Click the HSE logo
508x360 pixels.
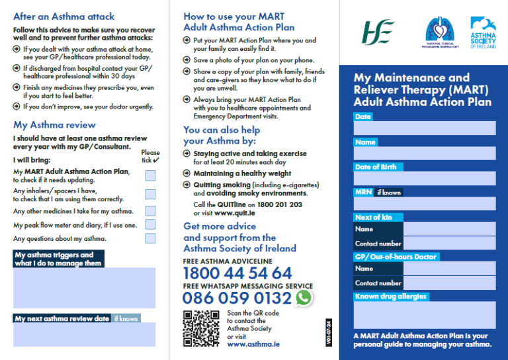(x=378, y=32)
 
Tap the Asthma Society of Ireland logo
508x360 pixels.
(x=483, y=32)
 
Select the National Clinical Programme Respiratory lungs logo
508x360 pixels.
(x=440, y=32)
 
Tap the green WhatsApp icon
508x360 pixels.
(x=304, y=298)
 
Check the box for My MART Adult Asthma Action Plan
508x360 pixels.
(x=150, y=175)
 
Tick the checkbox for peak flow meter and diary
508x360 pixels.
(x=150, y=225)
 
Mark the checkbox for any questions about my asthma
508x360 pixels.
(x=150, y=238)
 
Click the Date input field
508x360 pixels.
(x=425, y=128)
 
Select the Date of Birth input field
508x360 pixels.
(x=425, y=178)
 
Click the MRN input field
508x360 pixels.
(x=425, y=203)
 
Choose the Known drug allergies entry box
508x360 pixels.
(x=425, y=315)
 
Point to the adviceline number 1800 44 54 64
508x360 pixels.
(x=237, y=273)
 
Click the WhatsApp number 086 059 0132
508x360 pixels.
(x=237, y=298)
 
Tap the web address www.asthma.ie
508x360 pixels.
(x=253, y=344)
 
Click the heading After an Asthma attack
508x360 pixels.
(x=63, y=17)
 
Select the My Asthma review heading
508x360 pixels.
(x=54, y=124)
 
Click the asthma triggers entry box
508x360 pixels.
(x=84, y=288)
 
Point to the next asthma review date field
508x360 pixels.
(x=84, y=334)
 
